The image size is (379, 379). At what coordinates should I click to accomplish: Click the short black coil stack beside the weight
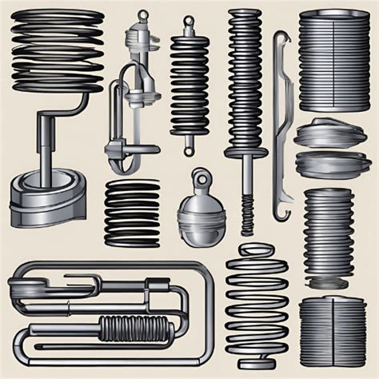tap(132, 212)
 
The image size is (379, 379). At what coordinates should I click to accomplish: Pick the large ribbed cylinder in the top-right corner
tap(334, 60)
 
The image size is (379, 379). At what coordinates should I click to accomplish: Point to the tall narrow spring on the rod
tap(243, 80)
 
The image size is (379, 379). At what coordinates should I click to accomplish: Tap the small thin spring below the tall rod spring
tap(247, 212)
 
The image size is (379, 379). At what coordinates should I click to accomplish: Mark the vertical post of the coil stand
tap(39, 144)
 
